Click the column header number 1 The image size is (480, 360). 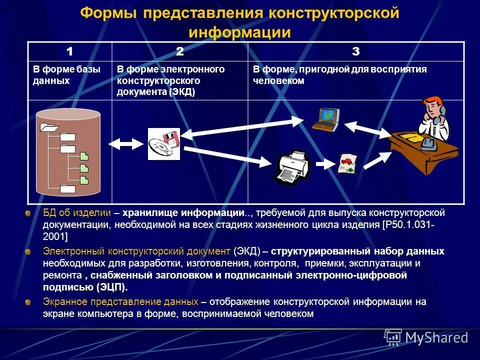pos(70,51)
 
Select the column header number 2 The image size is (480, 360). pos(180,51)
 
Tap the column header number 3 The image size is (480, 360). pos(355,51)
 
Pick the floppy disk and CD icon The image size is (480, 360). pos(163,144)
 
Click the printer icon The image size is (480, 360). pos(292,166)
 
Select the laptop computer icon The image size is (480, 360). pos(325,119)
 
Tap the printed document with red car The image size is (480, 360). pos(346,163)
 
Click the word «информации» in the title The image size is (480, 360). pos(239,32)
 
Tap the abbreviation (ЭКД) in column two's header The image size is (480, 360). pos(182,92)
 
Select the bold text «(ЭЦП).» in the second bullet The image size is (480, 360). pos(112,287)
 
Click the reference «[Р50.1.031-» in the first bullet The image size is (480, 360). pos(408,224)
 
